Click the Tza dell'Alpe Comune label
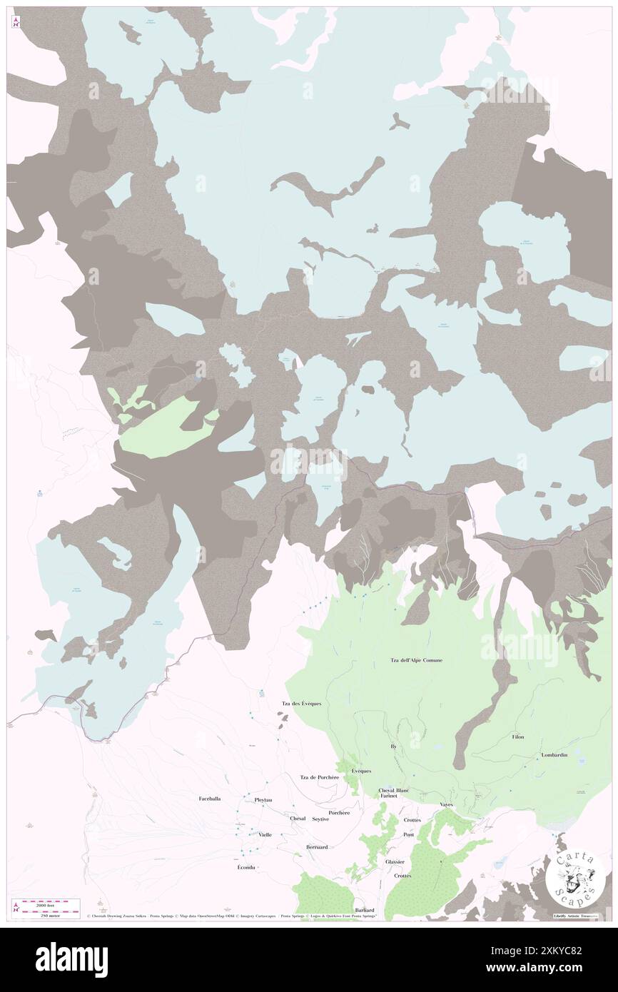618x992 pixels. (416, 660)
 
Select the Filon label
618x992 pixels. (518, 737)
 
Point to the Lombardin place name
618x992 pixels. (554, 755)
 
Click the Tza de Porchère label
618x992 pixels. (318, 777)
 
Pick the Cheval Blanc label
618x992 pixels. (393, 791)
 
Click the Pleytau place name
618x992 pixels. (263, 800)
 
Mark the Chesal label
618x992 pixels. (298, 819)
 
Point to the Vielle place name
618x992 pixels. (265, 834)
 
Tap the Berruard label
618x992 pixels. (316, 846)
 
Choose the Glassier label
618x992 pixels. (395, 861)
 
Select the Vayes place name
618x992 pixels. (447, 805)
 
